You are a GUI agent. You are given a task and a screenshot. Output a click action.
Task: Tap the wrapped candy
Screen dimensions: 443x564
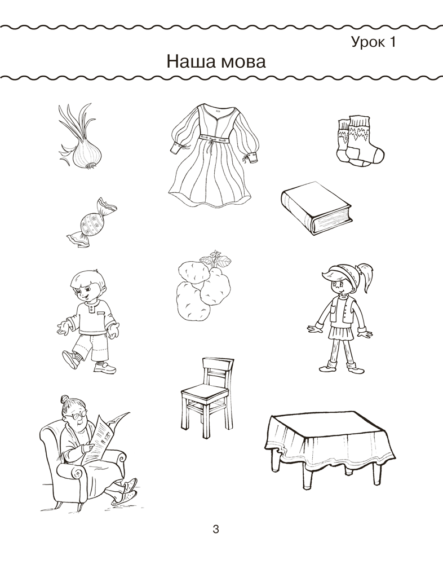coord(92,223)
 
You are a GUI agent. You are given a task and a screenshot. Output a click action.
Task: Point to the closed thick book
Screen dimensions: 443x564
coord(316,208)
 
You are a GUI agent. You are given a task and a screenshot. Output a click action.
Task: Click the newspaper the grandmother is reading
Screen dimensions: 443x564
coord(105,437)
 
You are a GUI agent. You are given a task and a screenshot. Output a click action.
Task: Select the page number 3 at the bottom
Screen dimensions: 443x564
coord(216,530)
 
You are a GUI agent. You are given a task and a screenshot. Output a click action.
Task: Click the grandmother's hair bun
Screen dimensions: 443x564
coord(64,399)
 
